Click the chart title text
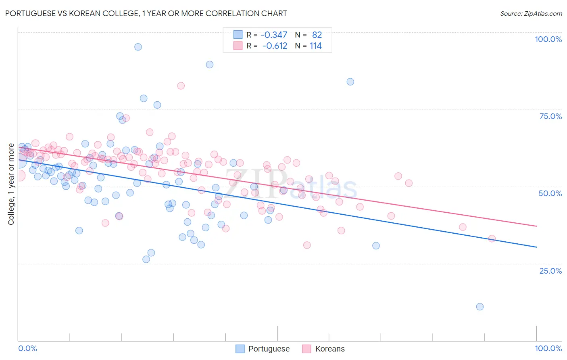click(146, 13)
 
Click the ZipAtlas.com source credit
click(531, 13)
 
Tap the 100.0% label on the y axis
click(548, 39)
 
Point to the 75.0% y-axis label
click(550, 116)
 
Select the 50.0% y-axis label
click(550, 193)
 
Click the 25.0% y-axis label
click(550, 271)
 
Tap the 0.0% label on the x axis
click(27, 348)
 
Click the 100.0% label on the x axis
click(548, 348)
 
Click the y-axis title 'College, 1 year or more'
click(11, 184)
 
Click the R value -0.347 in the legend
click(274, 35)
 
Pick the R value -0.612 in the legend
click(275, 46)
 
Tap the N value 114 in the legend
click(315, 46)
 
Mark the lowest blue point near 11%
click(479, 307)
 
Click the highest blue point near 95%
click(138, 47)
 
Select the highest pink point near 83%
click(181, 86)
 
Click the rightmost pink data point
click(492, 239)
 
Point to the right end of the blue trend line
click(536, 247)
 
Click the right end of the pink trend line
click(536, 226)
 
